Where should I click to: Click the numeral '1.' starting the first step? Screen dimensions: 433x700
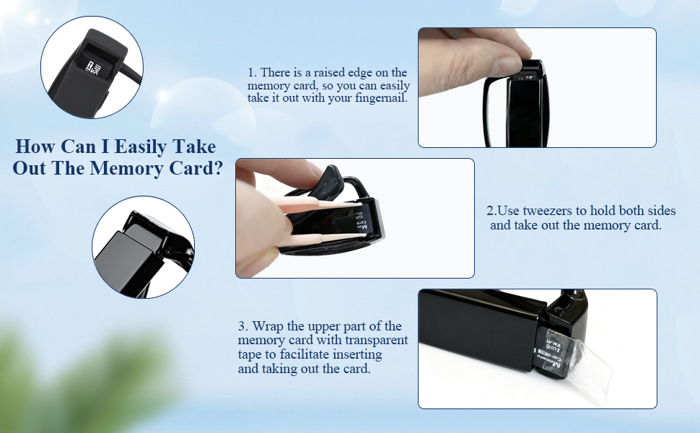(x=252, y=73)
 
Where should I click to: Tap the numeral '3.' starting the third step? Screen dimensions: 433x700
(x=243, y=326)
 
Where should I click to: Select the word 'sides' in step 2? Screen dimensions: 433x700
(x=658, y=211)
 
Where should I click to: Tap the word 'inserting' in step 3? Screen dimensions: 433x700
(x=358, y=354)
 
